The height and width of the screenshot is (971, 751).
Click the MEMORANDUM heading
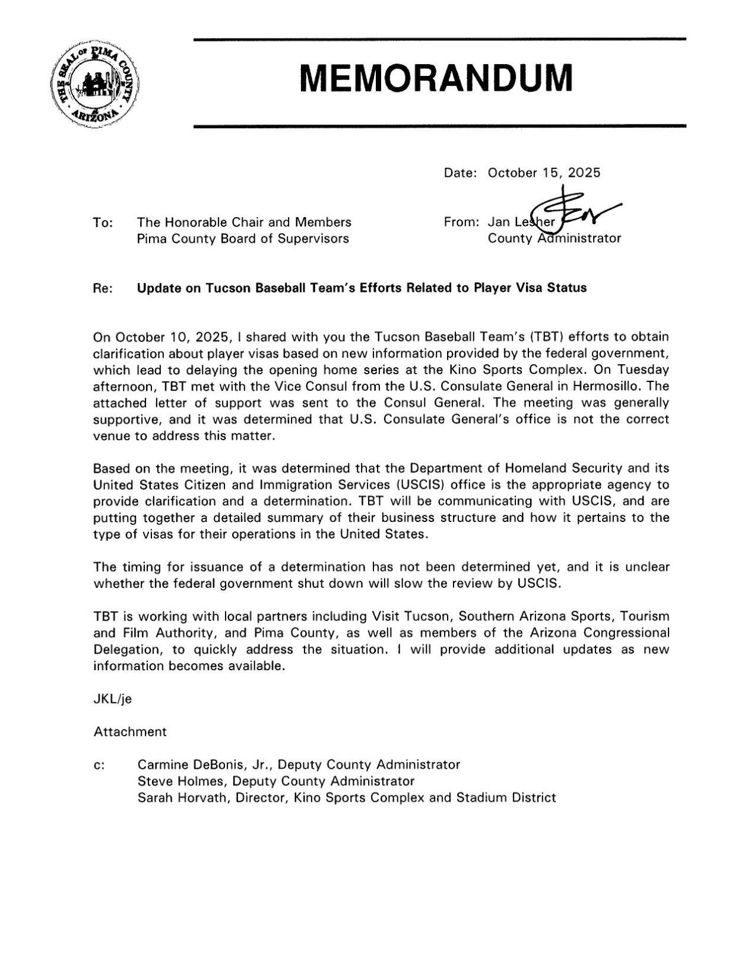436,79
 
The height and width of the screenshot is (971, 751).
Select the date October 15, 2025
543,173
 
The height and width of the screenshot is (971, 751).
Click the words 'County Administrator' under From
554,238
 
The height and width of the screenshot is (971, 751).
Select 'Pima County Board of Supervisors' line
243,238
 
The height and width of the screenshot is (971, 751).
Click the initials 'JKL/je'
112,699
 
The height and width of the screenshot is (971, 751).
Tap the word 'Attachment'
129,731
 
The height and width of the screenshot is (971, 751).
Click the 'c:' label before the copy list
99,765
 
